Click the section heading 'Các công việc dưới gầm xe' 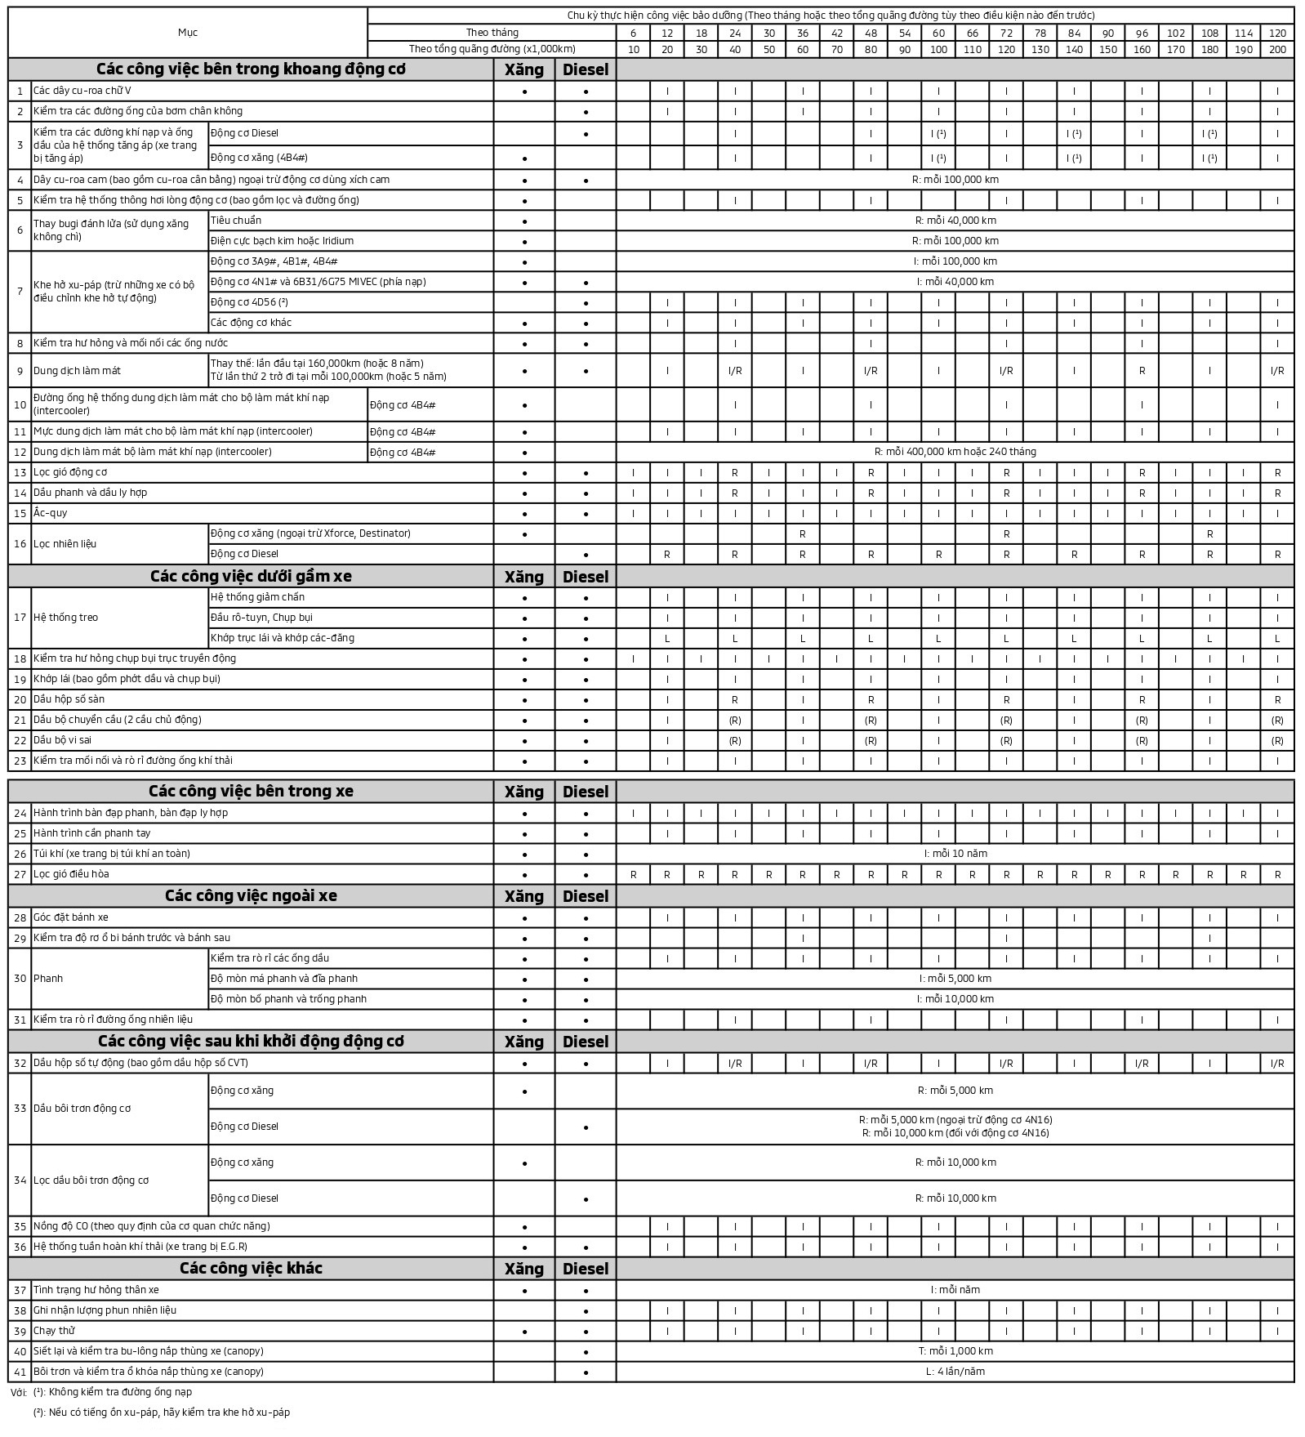click(251, 576)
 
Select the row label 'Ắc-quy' click(51, 513)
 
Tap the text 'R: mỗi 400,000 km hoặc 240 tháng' click(955, 452)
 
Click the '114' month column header click(1243, 33)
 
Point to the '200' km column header click(1277, 49)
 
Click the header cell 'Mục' click(188, 33)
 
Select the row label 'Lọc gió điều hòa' click(71, 874)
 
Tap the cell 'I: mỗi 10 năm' click(955, 854)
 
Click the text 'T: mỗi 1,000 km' click(955, 1351)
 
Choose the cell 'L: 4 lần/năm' click(955, 1372)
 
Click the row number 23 click(20, 761)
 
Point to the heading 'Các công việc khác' click(251, 1268)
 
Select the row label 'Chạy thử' click(54, 1331)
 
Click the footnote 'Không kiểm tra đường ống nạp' click(120, 1391)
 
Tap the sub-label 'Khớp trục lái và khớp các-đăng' click(283, 638)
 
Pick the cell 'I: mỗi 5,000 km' click(955, 979)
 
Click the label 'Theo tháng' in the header click(492, 33)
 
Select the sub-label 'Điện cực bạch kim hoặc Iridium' click(282, 241)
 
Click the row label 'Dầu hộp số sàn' click(69, 699)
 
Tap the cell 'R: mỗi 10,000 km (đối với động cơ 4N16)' click(955, 1133)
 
